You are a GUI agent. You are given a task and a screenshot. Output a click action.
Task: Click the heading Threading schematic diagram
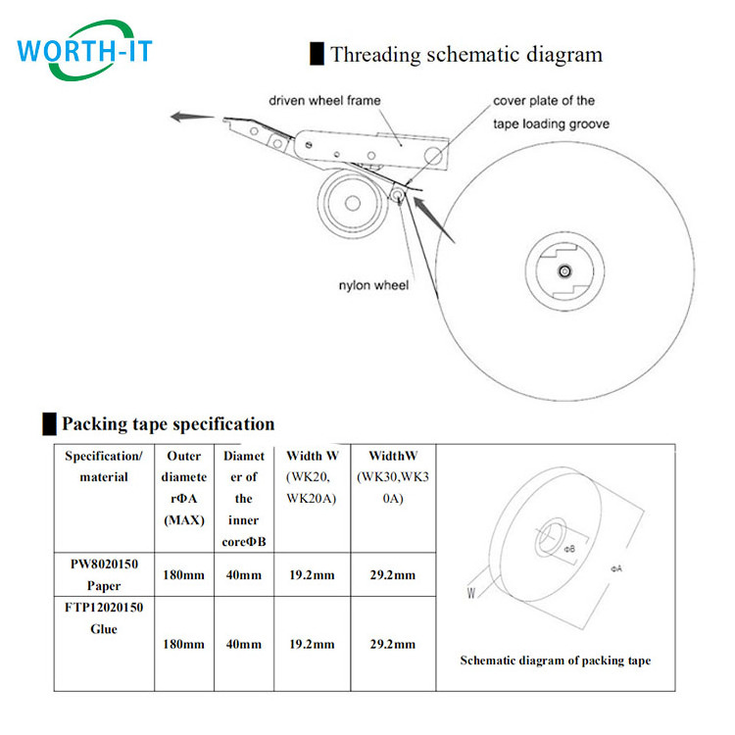[x=465, y=55]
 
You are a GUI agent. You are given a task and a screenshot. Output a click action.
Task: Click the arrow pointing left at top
[x=190, y=118]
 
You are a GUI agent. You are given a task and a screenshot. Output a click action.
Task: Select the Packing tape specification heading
[x=168, y=424]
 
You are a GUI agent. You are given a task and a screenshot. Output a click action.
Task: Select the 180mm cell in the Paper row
[x=184, y=575]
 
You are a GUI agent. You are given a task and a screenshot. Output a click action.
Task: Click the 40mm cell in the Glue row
[x=243, y=644]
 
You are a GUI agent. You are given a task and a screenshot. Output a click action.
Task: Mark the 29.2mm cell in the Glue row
[x=391, y=644]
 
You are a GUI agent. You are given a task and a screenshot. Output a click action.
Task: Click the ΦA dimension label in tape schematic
[x=616, y=568]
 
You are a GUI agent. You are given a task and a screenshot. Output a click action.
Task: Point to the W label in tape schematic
[x=472, y=592]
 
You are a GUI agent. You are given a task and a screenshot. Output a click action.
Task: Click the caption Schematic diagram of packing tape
[x=555, y=661]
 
